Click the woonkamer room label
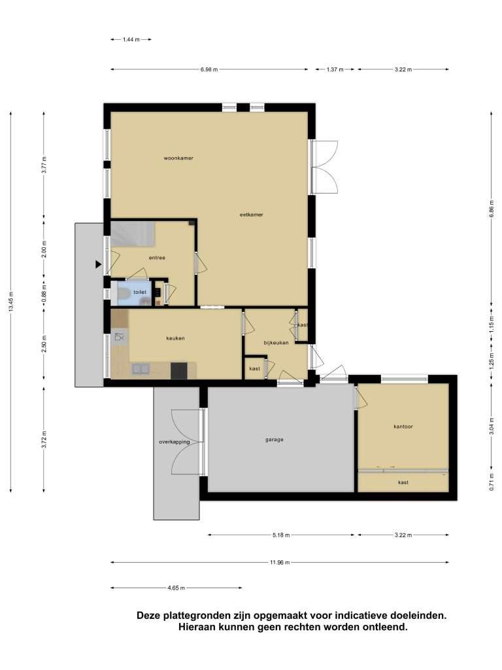178,158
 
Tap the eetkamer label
252,215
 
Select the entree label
157,258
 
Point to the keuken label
175,338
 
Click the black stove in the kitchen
178,370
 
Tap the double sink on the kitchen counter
141,368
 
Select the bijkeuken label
276,343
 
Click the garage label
274,439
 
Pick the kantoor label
403,427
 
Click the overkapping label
174,442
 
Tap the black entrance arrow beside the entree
99,264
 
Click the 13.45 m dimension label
10,302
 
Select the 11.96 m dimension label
280,562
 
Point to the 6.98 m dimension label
209,69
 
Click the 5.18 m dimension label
281,535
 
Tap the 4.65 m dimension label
176,588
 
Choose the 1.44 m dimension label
131,39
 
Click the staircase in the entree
132,234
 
